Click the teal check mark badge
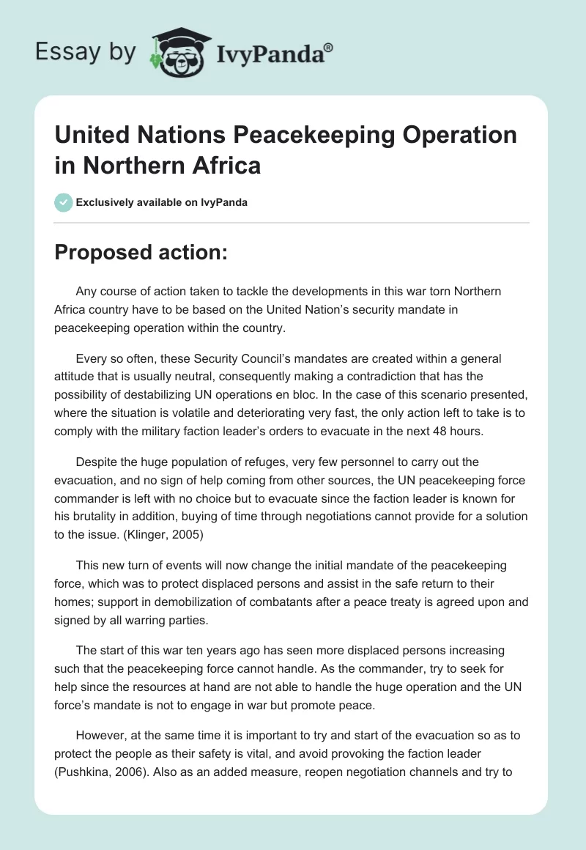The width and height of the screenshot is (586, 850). point(63,202)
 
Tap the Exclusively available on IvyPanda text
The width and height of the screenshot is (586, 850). point(163,203)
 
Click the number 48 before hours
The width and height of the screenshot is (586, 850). point(420,432)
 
